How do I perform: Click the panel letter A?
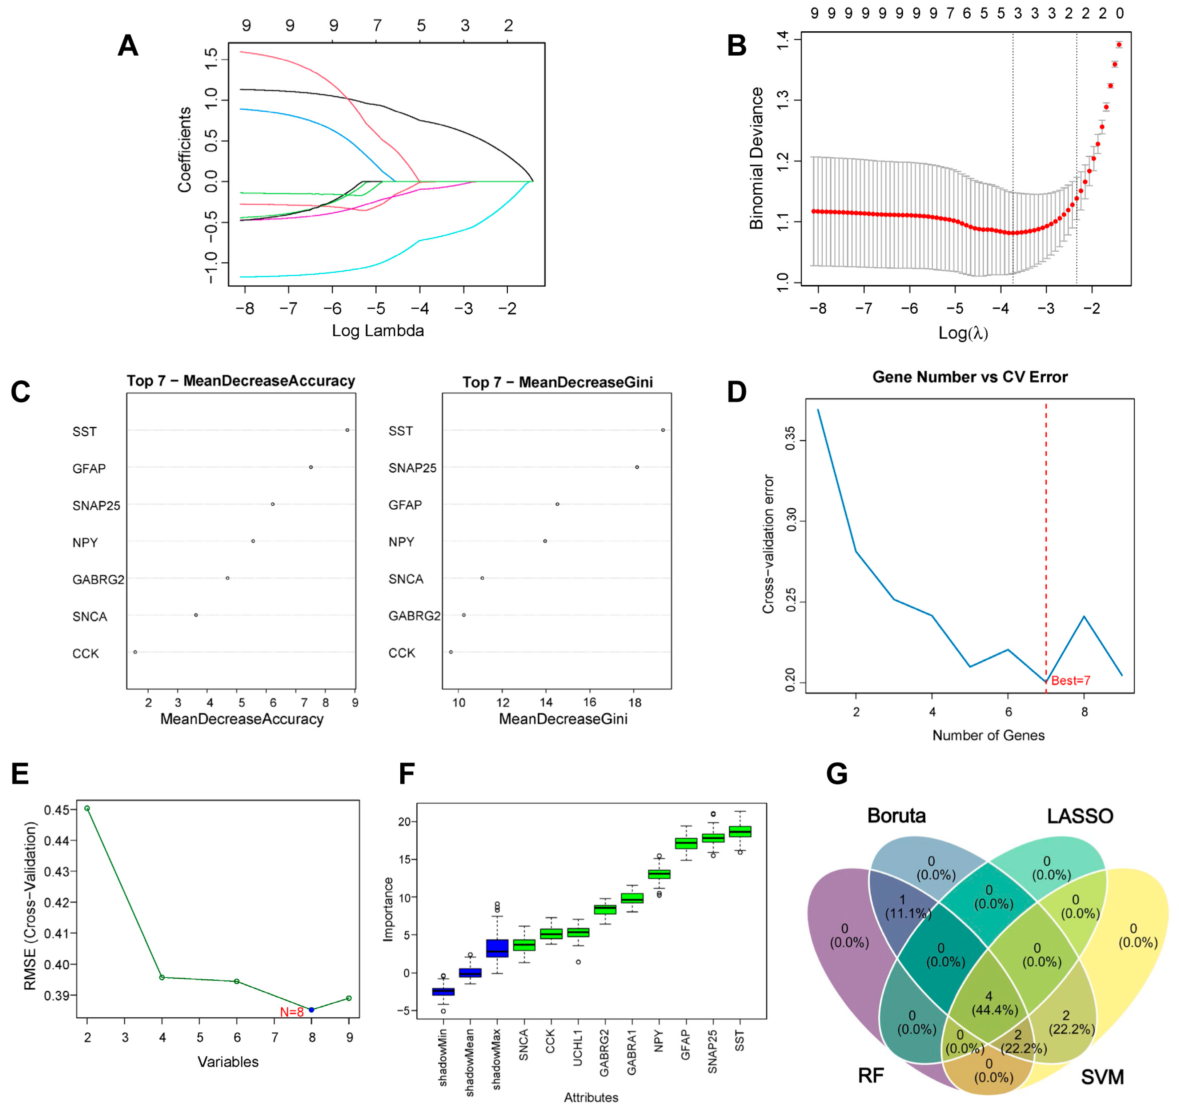point(128,46)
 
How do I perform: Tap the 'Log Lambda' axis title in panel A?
point(378,331)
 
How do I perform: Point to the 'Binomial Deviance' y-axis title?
point(756,158)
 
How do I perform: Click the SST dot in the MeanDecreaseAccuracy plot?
point(348,430)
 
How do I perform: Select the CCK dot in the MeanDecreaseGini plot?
point(451,652)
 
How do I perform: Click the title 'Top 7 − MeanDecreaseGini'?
point(557,382)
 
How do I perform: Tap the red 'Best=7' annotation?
point(1070,680)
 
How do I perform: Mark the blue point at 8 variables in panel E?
point(311,1010)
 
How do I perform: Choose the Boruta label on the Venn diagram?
point(896,816)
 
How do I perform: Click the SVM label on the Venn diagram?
point(1102,1076)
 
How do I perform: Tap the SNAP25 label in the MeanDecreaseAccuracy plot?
point(96,506)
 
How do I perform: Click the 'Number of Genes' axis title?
point(988,736)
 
